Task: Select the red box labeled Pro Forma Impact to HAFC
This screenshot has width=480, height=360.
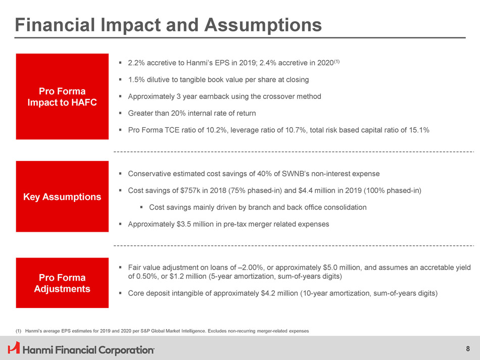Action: point(62,96)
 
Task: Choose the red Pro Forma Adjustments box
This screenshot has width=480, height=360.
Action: point(62,283)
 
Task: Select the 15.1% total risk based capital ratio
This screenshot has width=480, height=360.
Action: point(419,130)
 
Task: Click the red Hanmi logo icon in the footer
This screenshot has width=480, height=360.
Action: point(14,348)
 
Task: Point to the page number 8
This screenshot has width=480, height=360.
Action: point(467,348)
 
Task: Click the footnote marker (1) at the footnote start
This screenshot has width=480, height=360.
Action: point(19,331)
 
